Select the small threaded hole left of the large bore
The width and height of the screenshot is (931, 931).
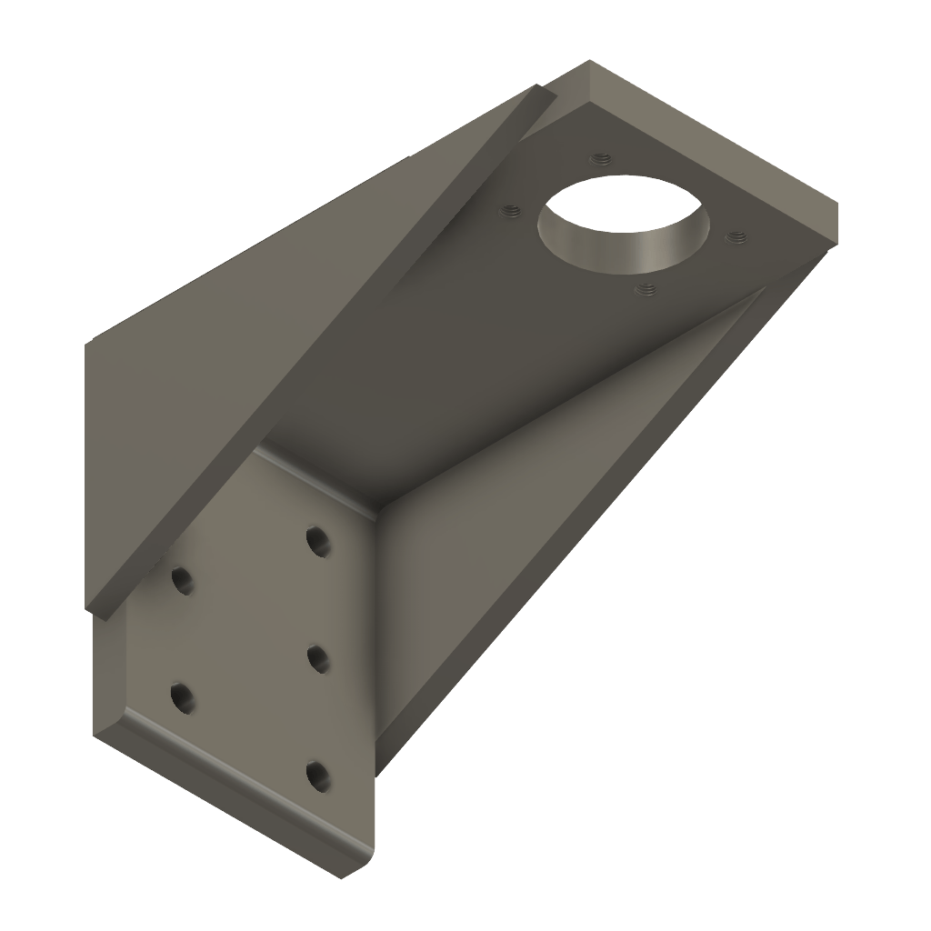[511, 212]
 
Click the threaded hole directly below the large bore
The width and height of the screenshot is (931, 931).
[646, 289]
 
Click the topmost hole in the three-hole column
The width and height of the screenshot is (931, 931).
[317, 541]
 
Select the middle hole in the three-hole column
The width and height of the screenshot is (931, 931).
[317, 656]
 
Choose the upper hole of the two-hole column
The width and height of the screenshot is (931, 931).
[183, 579]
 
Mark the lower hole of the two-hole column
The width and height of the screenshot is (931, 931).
[183, 697]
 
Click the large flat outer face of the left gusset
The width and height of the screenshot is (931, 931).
[273, 300]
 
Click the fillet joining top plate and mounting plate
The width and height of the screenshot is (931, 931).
[318, 477]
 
